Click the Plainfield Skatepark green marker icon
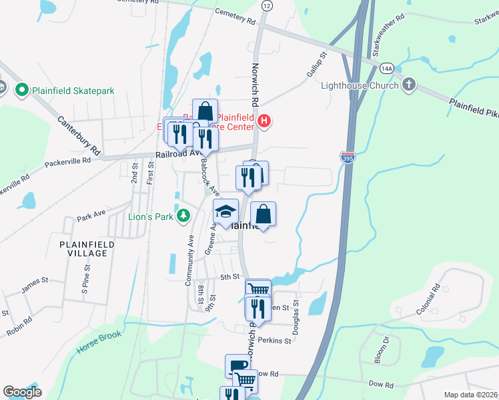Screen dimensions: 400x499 point(21,90)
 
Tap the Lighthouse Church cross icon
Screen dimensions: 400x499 point(410,85)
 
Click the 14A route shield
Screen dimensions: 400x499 point(386,68)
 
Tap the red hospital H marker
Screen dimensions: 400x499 point(264,121)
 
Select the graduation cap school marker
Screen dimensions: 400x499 point(225,212)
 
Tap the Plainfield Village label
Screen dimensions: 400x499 point(83,249)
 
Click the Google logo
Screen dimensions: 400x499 point(22,392)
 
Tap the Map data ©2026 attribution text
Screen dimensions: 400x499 point(470,395)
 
